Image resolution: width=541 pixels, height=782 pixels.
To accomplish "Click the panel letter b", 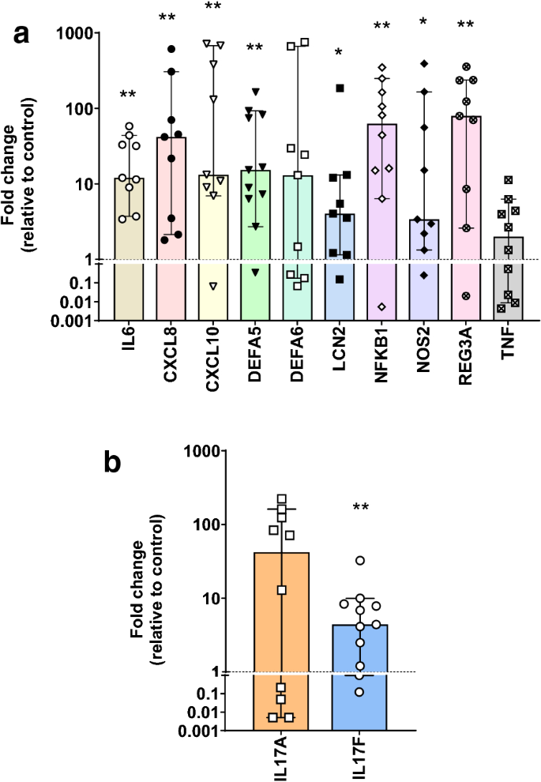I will (x=114, y=463).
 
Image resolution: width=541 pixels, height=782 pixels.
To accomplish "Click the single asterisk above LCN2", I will (x=340, y=53).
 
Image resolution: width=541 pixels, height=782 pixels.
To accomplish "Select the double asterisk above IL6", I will (x=129, y=96).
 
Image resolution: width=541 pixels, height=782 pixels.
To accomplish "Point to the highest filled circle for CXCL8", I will (x=171, y=49).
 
